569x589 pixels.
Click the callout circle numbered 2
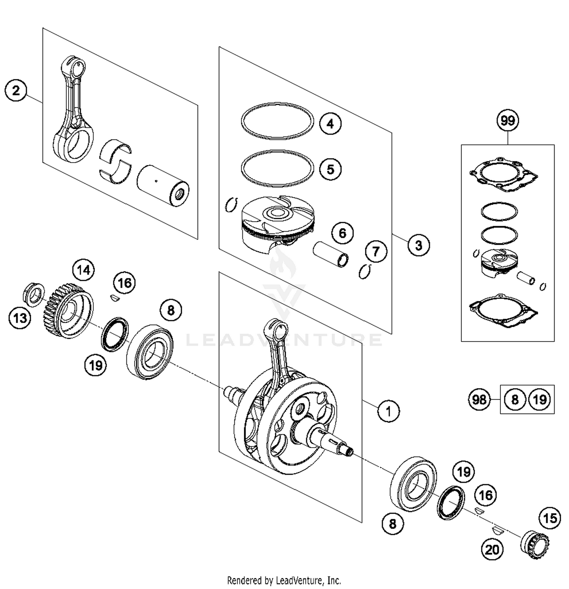pyautogui.click(x=16, y=91)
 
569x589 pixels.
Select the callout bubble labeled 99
pyautogui.click(x=508, y=121)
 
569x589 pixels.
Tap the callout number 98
pyautogui.click(x=479, y=399)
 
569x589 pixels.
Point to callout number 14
pyautogui.click(x=83, y=270)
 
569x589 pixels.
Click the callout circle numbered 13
pyautogui.click(x=20, y=318)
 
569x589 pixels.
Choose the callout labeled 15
pyautogui.click(x=550, y=518)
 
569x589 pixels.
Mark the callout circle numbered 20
pyautogui.click(x=492, y=549)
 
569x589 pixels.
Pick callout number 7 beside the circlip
pyautogui.click(x=376, y=251)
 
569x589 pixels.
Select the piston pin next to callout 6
pyautogui.click(x=330, y=254)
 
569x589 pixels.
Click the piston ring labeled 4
pyautogui.click(x=277, y=121)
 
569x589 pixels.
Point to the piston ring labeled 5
pyautogui.click(x=277, y=168)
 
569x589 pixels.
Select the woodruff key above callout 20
pyautogui.click(x=497, y=529)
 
